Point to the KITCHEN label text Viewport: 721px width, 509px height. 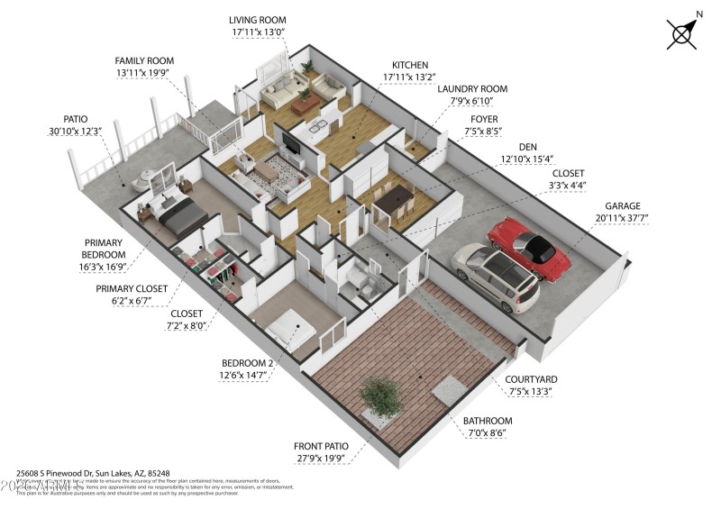click(x=410, y=66)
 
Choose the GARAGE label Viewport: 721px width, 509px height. click(x=623, y=206)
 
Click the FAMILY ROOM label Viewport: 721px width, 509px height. click(x=144, y=60)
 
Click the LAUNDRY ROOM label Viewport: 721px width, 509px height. click(x=472, y=89)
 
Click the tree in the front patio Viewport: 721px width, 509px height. click(x=379, y=395)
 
